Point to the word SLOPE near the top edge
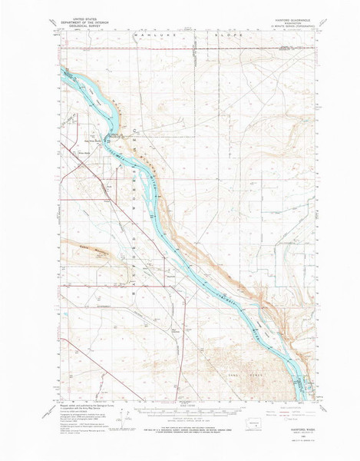pos(236,35)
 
